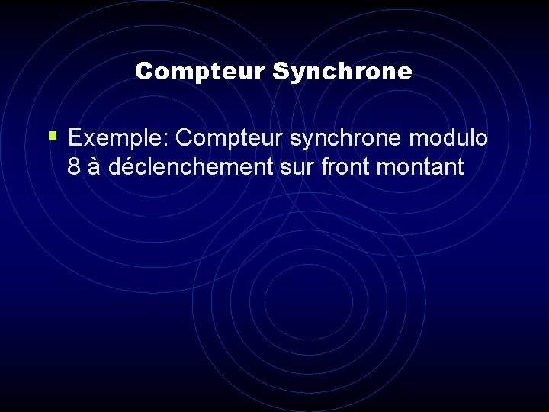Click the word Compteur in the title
[x=200, y=72]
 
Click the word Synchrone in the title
[x=342, y=72]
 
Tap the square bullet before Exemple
[x=52, y=137]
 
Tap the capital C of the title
[x=143, y=72]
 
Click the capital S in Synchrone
[x=279, y=72]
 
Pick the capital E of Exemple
[x=75, y=138]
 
